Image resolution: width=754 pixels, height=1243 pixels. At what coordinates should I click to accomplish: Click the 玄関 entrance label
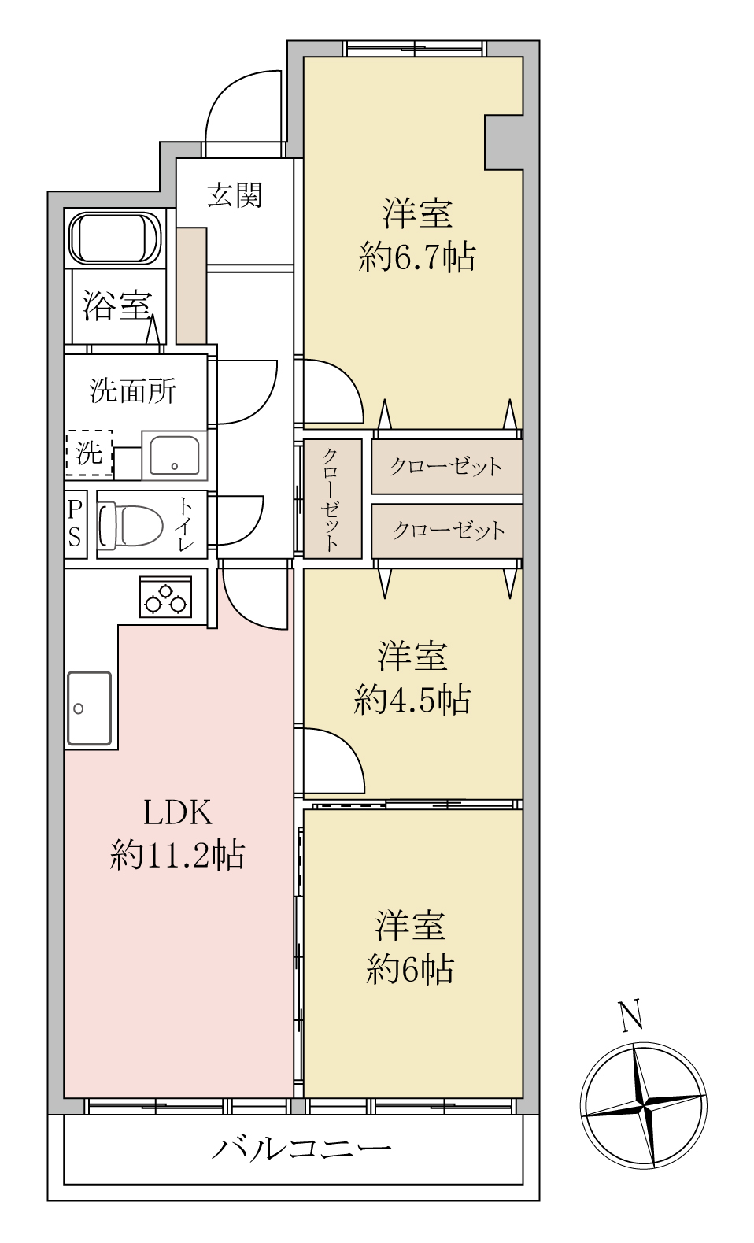[234, 194]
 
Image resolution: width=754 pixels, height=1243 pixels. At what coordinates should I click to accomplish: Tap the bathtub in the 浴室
[115, 238]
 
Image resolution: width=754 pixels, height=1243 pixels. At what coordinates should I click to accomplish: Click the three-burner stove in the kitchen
[165, 597]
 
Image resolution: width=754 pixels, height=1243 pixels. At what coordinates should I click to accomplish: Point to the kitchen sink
[89, 708]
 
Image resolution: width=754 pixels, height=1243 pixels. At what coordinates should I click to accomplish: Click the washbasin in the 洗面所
[174, 455]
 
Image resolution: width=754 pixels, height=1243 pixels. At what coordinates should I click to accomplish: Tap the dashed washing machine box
[89, 453]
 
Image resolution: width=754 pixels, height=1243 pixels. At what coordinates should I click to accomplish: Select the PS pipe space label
[75, 523]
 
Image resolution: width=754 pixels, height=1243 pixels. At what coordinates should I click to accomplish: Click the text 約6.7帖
[416, 257]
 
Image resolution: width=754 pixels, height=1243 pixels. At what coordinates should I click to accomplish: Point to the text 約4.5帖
[412, 700]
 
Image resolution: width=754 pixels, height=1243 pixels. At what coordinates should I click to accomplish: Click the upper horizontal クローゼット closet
[446, 467]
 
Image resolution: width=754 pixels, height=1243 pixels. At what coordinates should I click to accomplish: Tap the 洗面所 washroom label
[133, 390]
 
